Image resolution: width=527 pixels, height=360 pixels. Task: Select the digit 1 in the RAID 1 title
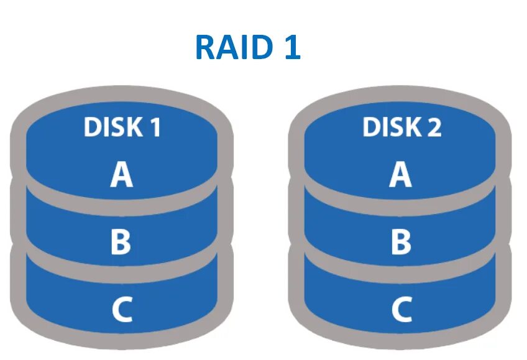(x=291, y=47)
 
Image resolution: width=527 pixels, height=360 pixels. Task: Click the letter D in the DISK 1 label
(x=92, y=127)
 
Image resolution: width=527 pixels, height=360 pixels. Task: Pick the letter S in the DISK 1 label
(x=114, y=127)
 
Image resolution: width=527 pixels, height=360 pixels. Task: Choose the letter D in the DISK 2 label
(x=371, y=127)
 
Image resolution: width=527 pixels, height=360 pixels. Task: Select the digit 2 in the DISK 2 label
(x=433, y=127)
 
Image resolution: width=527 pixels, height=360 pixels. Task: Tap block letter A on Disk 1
(x=122, y=175)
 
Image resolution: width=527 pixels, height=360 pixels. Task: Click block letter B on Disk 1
(x=121, y=243)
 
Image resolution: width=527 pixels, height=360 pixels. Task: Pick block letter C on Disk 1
(x=122, y=309)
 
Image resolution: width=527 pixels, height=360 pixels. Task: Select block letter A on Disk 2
(x=401, y=175)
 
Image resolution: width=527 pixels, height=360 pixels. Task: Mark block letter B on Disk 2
(x=401, y=243)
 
